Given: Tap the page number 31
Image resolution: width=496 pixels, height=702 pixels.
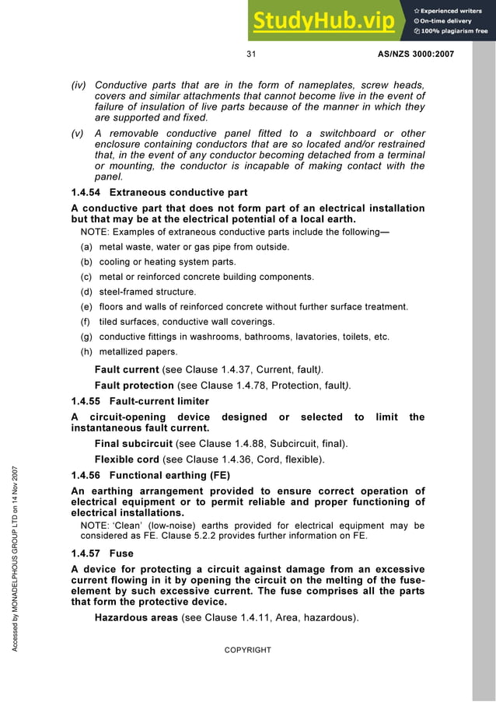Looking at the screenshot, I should (251, 54).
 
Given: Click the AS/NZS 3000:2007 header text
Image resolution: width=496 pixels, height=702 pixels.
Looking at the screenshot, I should (415, 54).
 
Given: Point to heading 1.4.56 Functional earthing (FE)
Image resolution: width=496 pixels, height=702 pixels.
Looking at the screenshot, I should (151, 475).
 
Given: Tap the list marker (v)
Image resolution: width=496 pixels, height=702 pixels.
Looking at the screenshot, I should (78, 133).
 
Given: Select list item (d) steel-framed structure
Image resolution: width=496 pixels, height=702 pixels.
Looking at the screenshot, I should (138, 292).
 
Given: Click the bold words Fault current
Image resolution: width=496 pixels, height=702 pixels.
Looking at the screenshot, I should (127, 369).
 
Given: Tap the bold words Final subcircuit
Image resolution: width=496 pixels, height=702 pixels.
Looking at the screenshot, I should (134, 444).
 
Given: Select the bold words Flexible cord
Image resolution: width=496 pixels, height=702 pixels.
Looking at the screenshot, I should (127, 459).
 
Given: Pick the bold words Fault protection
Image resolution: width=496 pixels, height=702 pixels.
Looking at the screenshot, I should (134, 385).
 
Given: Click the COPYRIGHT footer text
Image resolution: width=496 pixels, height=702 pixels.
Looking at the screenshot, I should (247, 650).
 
